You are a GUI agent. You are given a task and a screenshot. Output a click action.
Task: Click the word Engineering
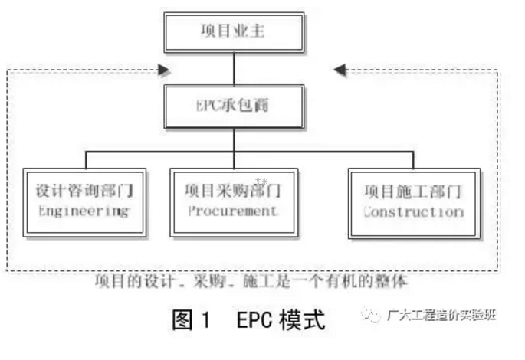[84, 211]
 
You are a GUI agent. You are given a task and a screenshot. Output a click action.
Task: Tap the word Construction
[413, 211]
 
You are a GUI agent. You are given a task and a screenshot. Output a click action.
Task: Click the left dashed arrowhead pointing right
[162, 70]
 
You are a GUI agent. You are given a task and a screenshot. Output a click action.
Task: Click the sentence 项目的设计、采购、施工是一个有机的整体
[252, 280]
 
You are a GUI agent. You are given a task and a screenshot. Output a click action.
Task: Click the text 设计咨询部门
[84, 188]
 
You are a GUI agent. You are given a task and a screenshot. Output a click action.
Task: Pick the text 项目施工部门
[413, 189]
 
